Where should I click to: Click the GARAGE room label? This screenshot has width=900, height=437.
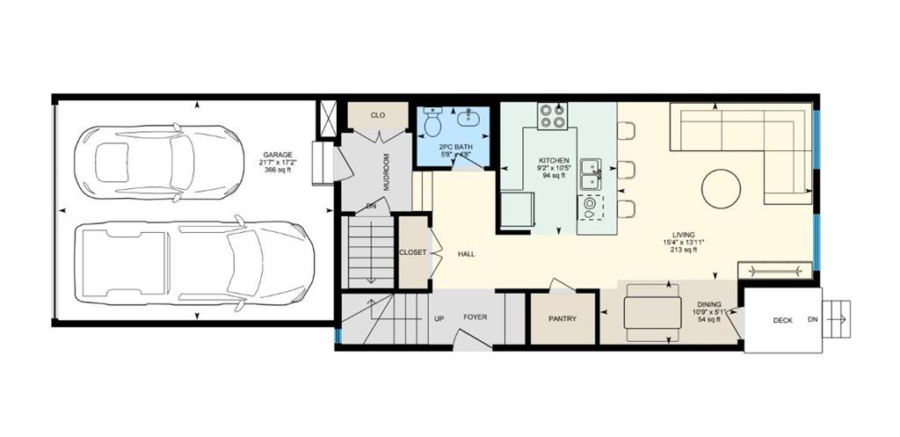275,154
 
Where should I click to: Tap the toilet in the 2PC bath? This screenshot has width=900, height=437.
432,123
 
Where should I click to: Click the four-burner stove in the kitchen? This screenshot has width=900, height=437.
552,116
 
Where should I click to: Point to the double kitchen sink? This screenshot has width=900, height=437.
590,174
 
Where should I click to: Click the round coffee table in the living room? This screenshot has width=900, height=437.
721,189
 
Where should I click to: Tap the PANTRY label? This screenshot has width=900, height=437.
562,318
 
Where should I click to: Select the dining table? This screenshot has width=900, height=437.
652,313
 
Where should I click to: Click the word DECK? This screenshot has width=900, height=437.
782,320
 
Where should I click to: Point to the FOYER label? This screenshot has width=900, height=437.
475,317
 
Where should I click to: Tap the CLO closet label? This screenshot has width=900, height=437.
377,115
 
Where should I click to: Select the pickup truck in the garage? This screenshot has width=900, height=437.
193,263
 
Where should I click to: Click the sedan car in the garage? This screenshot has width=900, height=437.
158,163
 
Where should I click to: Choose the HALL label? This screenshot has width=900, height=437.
466,254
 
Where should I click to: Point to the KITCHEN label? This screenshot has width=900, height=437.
554,161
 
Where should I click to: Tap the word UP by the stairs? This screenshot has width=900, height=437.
439,317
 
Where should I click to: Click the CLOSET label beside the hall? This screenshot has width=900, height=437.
412,252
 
